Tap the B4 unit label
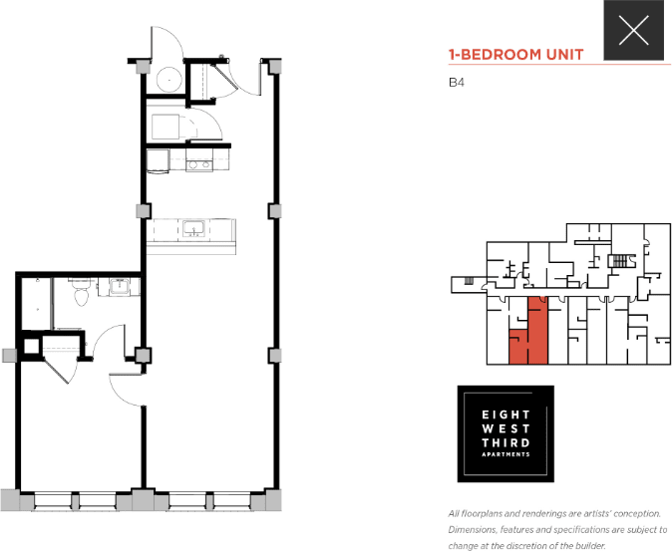pos(458,84)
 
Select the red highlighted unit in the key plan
pos(536,329)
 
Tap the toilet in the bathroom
pos(83,294)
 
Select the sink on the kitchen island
pos(192,230)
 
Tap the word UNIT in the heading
pos(562,55)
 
